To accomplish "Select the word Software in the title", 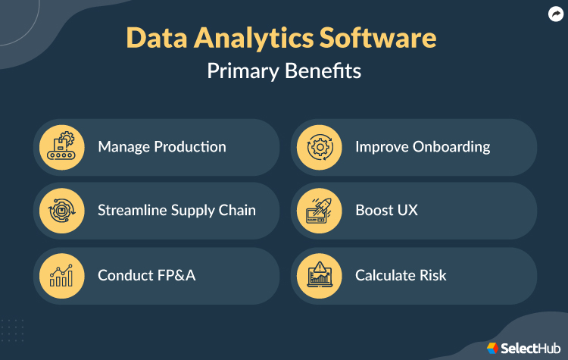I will point(384,39).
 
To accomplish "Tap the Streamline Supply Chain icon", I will point(61,211).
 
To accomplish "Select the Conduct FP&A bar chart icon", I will point(61,275).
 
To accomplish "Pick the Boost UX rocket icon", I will point(319,211).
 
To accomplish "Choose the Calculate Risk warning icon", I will point(319,275).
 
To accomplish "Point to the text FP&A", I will point(176,275).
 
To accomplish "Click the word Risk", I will point(431,275).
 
